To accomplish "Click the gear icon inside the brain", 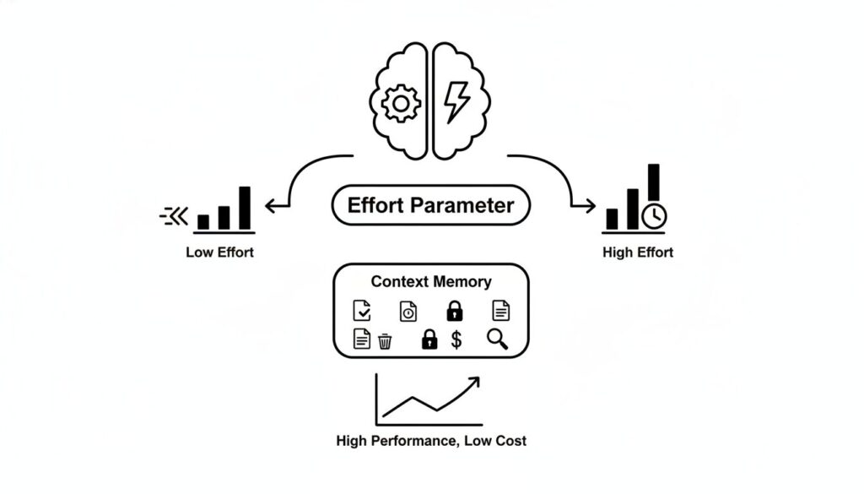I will [x=401, y=105].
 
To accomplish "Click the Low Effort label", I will [x=219, y=252].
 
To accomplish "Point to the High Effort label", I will [x=638, y=252].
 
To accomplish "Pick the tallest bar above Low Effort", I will [x=245, y=208].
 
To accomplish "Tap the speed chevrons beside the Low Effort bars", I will [x=173, y=217].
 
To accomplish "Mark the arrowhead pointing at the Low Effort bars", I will [x=270, y=206].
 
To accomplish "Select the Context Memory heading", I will [x=431, y=282].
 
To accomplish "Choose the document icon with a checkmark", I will [x=361, y=311].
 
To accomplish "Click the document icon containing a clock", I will [x=408, y=311].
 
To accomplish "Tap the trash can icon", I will [x=385, y=340].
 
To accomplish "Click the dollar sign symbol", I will [x=456, y=339].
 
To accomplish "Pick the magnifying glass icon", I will [x=498, y=339].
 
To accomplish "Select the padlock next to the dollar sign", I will [x=429, y=339].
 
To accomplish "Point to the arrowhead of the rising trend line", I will [x=473, y=383].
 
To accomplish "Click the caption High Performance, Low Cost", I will [x=431, y=440].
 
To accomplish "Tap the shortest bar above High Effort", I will [x=612, y=219].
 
